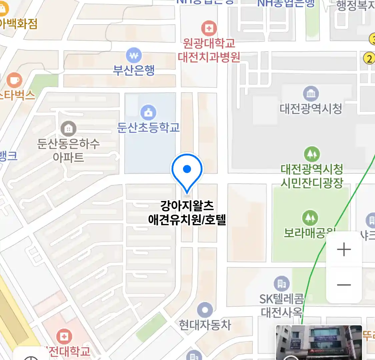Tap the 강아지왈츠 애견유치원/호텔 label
click(187, 213)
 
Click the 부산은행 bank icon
click(134, 55)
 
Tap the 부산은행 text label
click(134, 70)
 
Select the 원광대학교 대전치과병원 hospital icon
click(209, 28)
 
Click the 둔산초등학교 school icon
click(148, 112)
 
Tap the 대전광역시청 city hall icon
click(311, 94)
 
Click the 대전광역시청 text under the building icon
click(311, 109)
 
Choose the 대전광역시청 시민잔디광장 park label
click(312, 176)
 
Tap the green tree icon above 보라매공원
click(310, 218)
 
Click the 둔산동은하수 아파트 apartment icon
click(68, 128)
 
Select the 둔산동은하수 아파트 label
click(68, 150)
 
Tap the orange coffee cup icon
click(14, 80)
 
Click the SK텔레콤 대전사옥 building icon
click(282, 284)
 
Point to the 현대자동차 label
click(205, 325)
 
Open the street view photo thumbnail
click(318, 342)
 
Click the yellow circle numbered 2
click(369, 59)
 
